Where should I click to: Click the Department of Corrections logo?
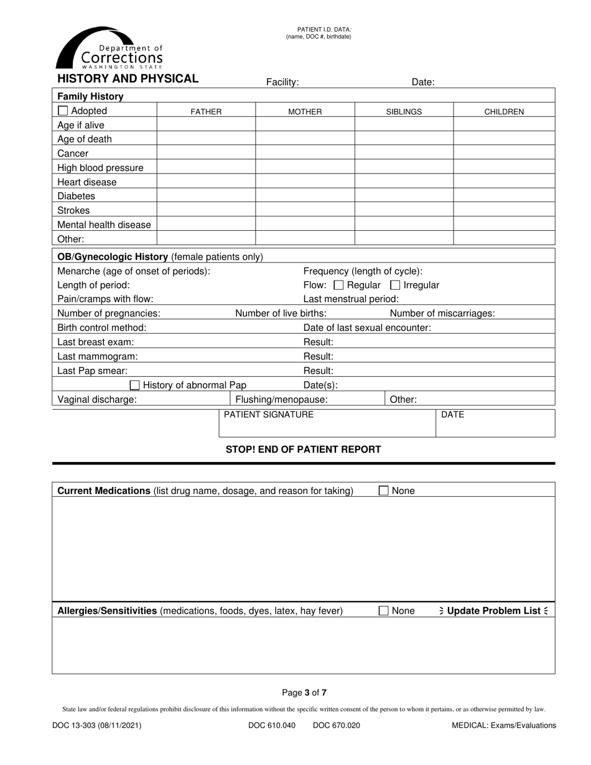point(109,49)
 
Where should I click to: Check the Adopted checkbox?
point(63,111)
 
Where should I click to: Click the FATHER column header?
point(206,112)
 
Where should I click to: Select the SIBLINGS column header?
point(404,112)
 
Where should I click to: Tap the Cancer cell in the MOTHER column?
point(305,153)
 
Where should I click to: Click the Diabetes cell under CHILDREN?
point(504,196)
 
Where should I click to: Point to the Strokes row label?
point(73,210)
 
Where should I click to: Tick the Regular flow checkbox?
point(339,285)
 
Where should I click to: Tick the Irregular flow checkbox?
point(395,285)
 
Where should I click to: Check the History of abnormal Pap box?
point(134,385)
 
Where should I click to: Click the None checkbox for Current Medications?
point(384,491)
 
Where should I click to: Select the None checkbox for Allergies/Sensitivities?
point(384,611)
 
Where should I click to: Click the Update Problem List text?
point(493,611)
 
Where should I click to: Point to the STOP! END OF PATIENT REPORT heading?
point(303,450)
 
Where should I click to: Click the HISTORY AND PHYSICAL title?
point(128,79)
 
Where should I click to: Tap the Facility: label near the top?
point(282,82)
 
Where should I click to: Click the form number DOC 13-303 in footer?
point(96,725)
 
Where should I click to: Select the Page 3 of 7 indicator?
point(304,692)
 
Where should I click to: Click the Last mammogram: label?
point(98,356)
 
